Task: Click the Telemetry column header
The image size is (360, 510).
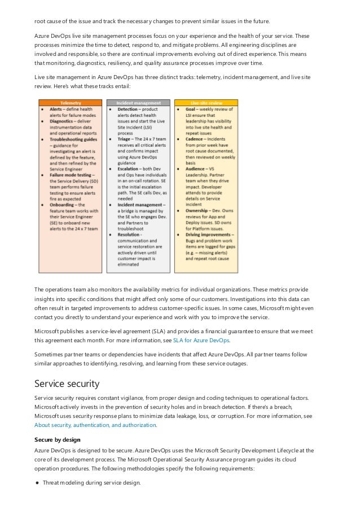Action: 71,103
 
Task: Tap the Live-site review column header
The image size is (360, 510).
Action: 206,103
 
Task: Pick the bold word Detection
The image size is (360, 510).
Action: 129,108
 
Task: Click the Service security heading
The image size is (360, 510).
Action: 67,384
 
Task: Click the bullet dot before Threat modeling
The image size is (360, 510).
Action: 37,483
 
